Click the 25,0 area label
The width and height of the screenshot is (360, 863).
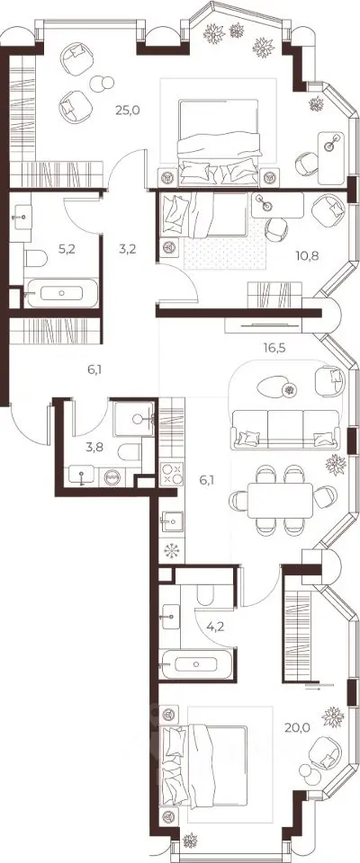tap(128, 110)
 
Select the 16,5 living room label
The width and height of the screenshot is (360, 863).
tap(273, 347)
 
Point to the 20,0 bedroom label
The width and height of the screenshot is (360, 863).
tap(298, 727)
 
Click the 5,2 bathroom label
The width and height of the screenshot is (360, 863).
tap(67, 248)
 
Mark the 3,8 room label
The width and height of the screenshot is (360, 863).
tap(94, 447)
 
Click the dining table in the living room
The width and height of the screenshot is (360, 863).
tap(280, 501)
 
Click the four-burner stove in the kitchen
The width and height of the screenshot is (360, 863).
tap(172, 474)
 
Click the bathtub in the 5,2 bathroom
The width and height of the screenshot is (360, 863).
tap(61, 293)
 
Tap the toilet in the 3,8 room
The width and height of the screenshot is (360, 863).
tap(130, 452)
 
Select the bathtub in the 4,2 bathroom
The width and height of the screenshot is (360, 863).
tap(197, 664)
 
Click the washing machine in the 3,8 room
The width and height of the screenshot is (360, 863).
tap(112, 476)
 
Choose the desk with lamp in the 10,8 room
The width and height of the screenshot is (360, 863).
tap(277, 205)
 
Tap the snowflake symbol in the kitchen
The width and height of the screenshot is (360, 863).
tap(169, 550)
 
